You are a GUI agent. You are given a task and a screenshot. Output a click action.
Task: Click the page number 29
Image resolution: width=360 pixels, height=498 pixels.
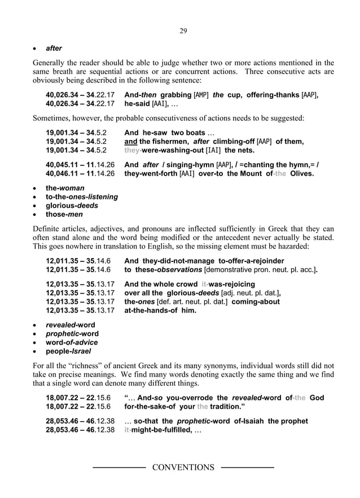[x=183, y=30]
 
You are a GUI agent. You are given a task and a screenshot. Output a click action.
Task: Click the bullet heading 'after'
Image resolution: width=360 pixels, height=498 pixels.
[x=54, y=49]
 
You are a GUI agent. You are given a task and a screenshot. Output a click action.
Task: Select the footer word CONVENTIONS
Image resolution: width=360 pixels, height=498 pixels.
[x=183, y=468]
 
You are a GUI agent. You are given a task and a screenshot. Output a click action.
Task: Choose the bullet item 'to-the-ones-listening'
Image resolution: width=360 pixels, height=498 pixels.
[x=82, y=196]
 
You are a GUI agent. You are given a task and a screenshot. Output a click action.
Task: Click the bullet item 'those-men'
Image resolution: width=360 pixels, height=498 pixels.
[x=64, y=215]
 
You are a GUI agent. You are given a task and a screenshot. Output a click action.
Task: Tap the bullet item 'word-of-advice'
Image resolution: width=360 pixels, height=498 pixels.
[x=72, y=342]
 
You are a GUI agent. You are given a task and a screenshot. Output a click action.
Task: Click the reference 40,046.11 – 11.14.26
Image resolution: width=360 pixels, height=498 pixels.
[x=80, y=174]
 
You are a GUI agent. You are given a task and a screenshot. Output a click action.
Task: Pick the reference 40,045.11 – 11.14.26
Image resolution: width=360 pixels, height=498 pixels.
[x=80, y=165]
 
